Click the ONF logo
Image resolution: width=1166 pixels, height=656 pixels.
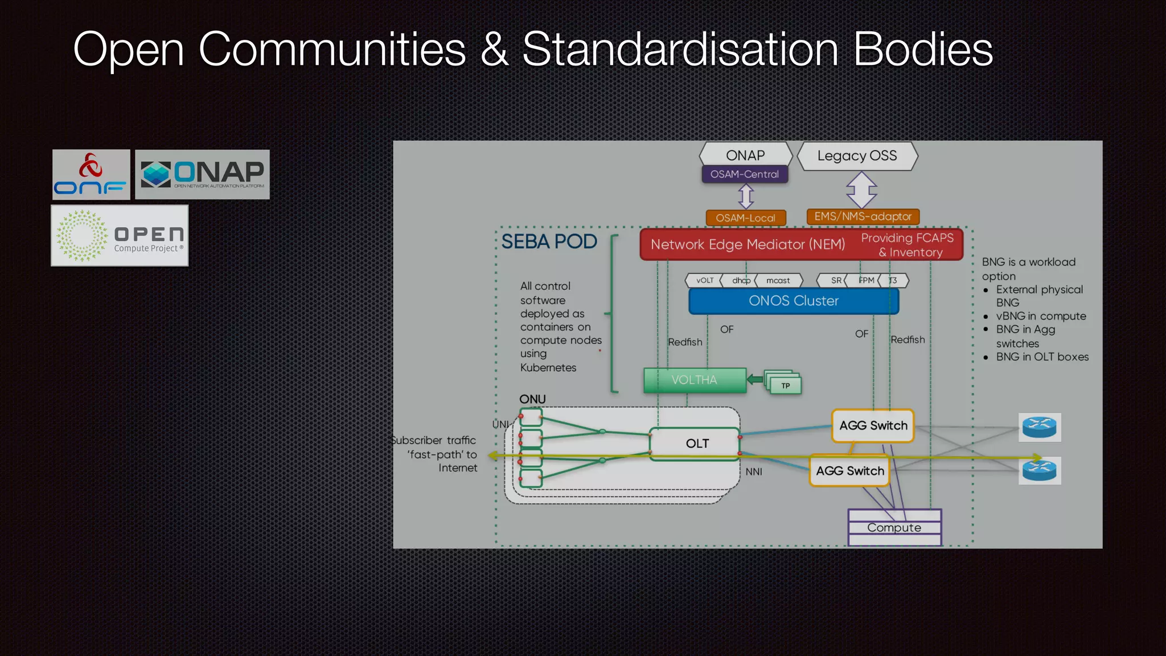tap(91, 175)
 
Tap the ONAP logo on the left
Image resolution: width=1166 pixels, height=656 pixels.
tap(202, 174)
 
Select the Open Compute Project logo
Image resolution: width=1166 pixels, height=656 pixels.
tap(120, 236)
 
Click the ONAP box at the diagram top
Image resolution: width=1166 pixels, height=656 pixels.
tap(745, 155)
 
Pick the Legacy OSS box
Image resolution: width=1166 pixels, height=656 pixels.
tap(857, 155)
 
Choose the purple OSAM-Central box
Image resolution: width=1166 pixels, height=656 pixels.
tap(745, 174)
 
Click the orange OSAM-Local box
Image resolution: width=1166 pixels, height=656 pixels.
tap(745, 218)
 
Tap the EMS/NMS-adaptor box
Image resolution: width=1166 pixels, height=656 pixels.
tap(863, 216)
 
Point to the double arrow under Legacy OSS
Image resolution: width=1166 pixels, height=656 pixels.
tap(861, 190)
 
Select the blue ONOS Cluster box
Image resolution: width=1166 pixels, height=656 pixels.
tap(794, 301)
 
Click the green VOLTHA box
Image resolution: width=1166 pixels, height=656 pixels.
tap(695, 380)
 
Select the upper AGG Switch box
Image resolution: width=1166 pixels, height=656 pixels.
tap(873, 425)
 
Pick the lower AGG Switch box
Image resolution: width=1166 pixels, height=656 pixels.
tap(849, 471)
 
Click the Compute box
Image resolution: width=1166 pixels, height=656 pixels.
tap(894, 527)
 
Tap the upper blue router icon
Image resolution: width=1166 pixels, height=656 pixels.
tap(1039, 427)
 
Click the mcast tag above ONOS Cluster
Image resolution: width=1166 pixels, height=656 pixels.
tap(778, 280)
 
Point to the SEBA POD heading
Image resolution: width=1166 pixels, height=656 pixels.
tap(549, 241)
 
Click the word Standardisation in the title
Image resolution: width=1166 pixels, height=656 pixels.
tap(680, 50)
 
